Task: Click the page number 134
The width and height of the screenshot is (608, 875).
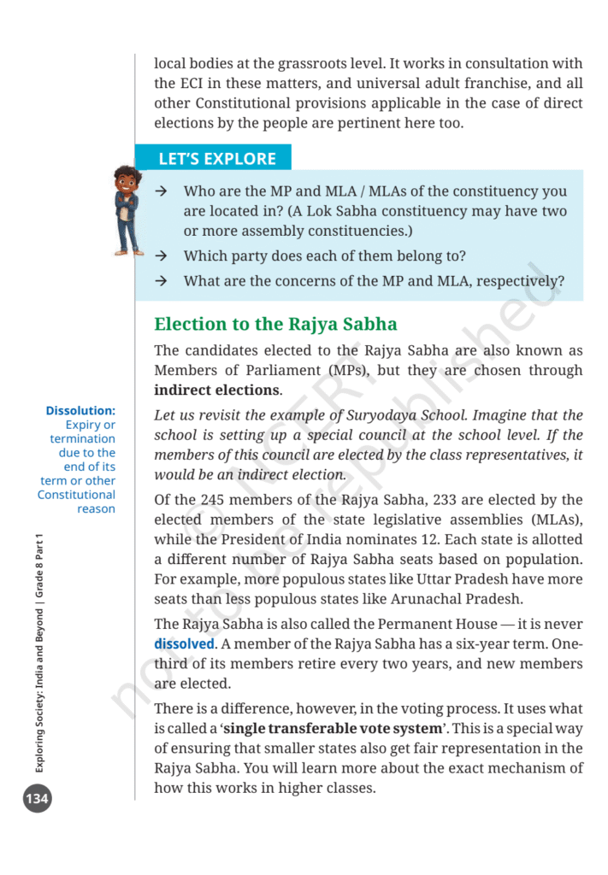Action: coord(38,800)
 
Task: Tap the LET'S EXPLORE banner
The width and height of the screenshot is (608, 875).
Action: coord(217,159)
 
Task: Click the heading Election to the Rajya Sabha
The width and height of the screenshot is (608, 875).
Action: coord(275,324)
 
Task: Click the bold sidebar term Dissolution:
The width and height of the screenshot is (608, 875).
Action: coord(80,411)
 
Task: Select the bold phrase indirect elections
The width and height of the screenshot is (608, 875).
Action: coord(217,391)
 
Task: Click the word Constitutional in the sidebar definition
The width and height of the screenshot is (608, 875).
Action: coord(76,495)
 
